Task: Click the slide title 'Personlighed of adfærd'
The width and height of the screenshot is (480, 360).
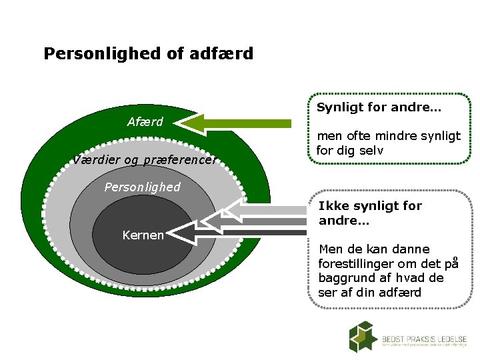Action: pyautogui.click(x=148, y=53)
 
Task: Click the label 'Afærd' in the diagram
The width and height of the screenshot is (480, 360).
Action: pyautogui.click(x=145, y=122)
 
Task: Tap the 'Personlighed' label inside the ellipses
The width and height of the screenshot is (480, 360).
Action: pyautogui.click(x=142, y=187)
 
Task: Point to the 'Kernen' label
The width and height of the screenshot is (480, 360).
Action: pyautogui.click(x=143, y=235)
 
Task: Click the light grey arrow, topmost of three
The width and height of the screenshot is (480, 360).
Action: pyautogui.click(x=267, y=210)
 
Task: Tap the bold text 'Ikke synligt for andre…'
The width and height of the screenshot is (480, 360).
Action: pyautogui.click(x=370, y=213)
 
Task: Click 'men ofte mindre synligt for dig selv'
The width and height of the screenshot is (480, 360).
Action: pyautogui.click(x=388, y=143)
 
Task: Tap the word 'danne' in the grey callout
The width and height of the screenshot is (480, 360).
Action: pyautogui.click(x=411, y=249)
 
